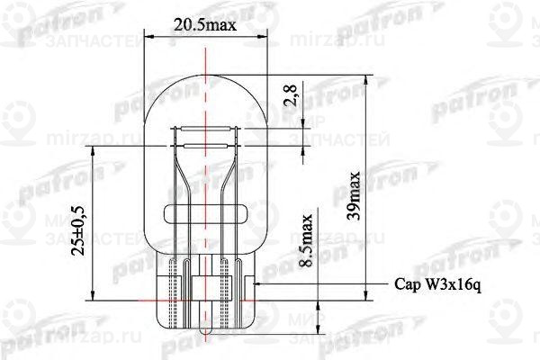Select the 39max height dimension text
356,195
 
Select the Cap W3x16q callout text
439,284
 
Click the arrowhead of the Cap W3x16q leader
260,283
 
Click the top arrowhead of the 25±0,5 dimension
94,154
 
